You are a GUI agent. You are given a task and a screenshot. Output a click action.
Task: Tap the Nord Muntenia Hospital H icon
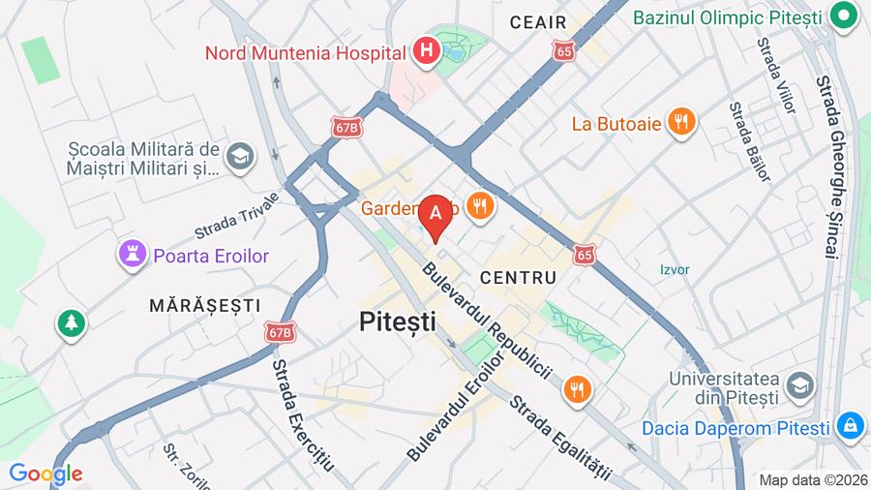[x=425, y=50]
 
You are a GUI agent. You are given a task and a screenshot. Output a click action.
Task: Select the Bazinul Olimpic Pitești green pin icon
[x=846, y=17]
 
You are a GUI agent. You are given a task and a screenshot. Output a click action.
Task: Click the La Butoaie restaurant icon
[x=682, y=122]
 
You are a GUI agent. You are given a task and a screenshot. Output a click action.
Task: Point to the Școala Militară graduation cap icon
[x=239, y=156]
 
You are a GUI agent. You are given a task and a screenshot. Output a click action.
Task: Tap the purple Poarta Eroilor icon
[x=130, y=256]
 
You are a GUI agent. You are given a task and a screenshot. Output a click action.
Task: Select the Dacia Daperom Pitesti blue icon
[x=850, y=426]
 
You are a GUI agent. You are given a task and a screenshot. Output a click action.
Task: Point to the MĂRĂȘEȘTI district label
[x=205, y=305]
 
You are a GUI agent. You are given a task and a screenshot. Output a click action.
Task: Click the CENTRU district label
[x=518, y=278]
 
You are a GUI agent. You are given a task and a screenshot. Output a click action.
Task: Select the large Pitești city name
[x=397, y=322]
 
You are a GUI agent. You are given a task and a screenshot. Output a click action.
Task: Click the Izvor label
[x=675, y=270]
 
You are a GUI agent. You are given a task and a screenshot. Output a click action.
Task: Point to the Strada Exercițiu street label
[x=302, y=413]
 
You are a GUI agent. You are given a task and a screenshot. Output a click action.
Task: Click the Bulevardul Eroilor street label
[x=456, y=406]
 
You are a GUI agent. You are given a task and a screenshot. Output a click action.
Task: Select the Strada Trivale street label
[x=235, y=215]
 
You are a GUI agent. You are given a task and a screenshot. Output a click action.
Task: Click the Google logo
[x=45, y=474]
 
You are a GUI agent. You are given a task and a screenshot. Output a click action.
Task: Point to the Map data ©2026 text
[x=811, y=479]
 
